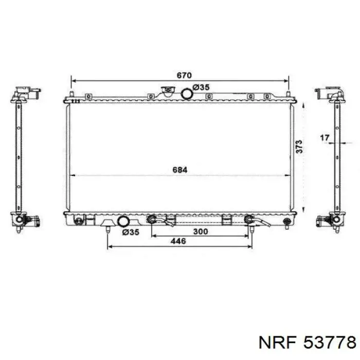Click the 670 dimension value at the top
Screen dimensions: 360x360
184,75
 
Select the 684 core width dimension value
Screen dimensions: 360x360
180,170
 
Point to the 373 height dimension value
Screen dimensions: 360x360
299,147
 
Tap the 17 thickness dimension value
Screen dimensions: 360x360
325,138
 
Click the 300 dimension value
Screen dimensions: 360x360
201,231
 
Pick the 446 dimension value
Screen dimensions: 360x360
178,241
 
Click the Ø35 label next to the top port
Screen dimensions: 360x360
201,87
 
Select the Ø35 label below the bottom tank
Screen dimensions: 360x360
131,232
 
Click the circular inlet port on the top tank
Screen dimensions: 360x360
187,94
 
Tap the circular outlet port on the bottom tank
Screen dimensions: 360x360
123,221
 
